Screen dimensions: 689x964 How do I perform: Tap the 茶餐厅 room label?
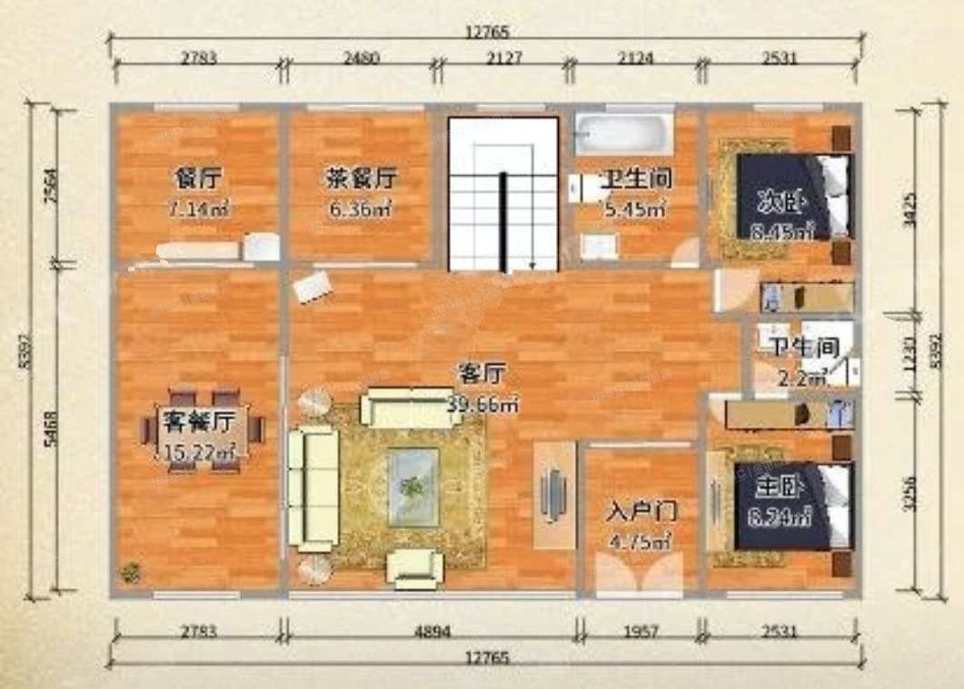[x=361, y=178]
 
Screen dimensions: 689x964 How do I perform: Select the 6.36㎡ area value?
[x=361, y=210]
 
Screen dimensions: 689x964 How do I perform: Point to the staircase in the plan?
[x=502, y=195]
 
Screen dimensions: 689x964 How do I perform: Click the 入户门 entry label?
[x=642, y=510]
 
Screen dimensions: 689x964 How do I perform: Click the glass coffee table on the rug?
[x=413, y=487]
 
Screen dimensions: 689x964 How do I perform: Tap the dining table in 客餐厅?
[x=203, y=430]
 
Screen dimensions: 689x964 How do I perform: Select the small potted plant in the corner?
[x=132, y=572]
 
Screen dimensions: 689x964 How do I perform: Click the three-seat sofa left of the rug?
[x=313, y=487]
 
